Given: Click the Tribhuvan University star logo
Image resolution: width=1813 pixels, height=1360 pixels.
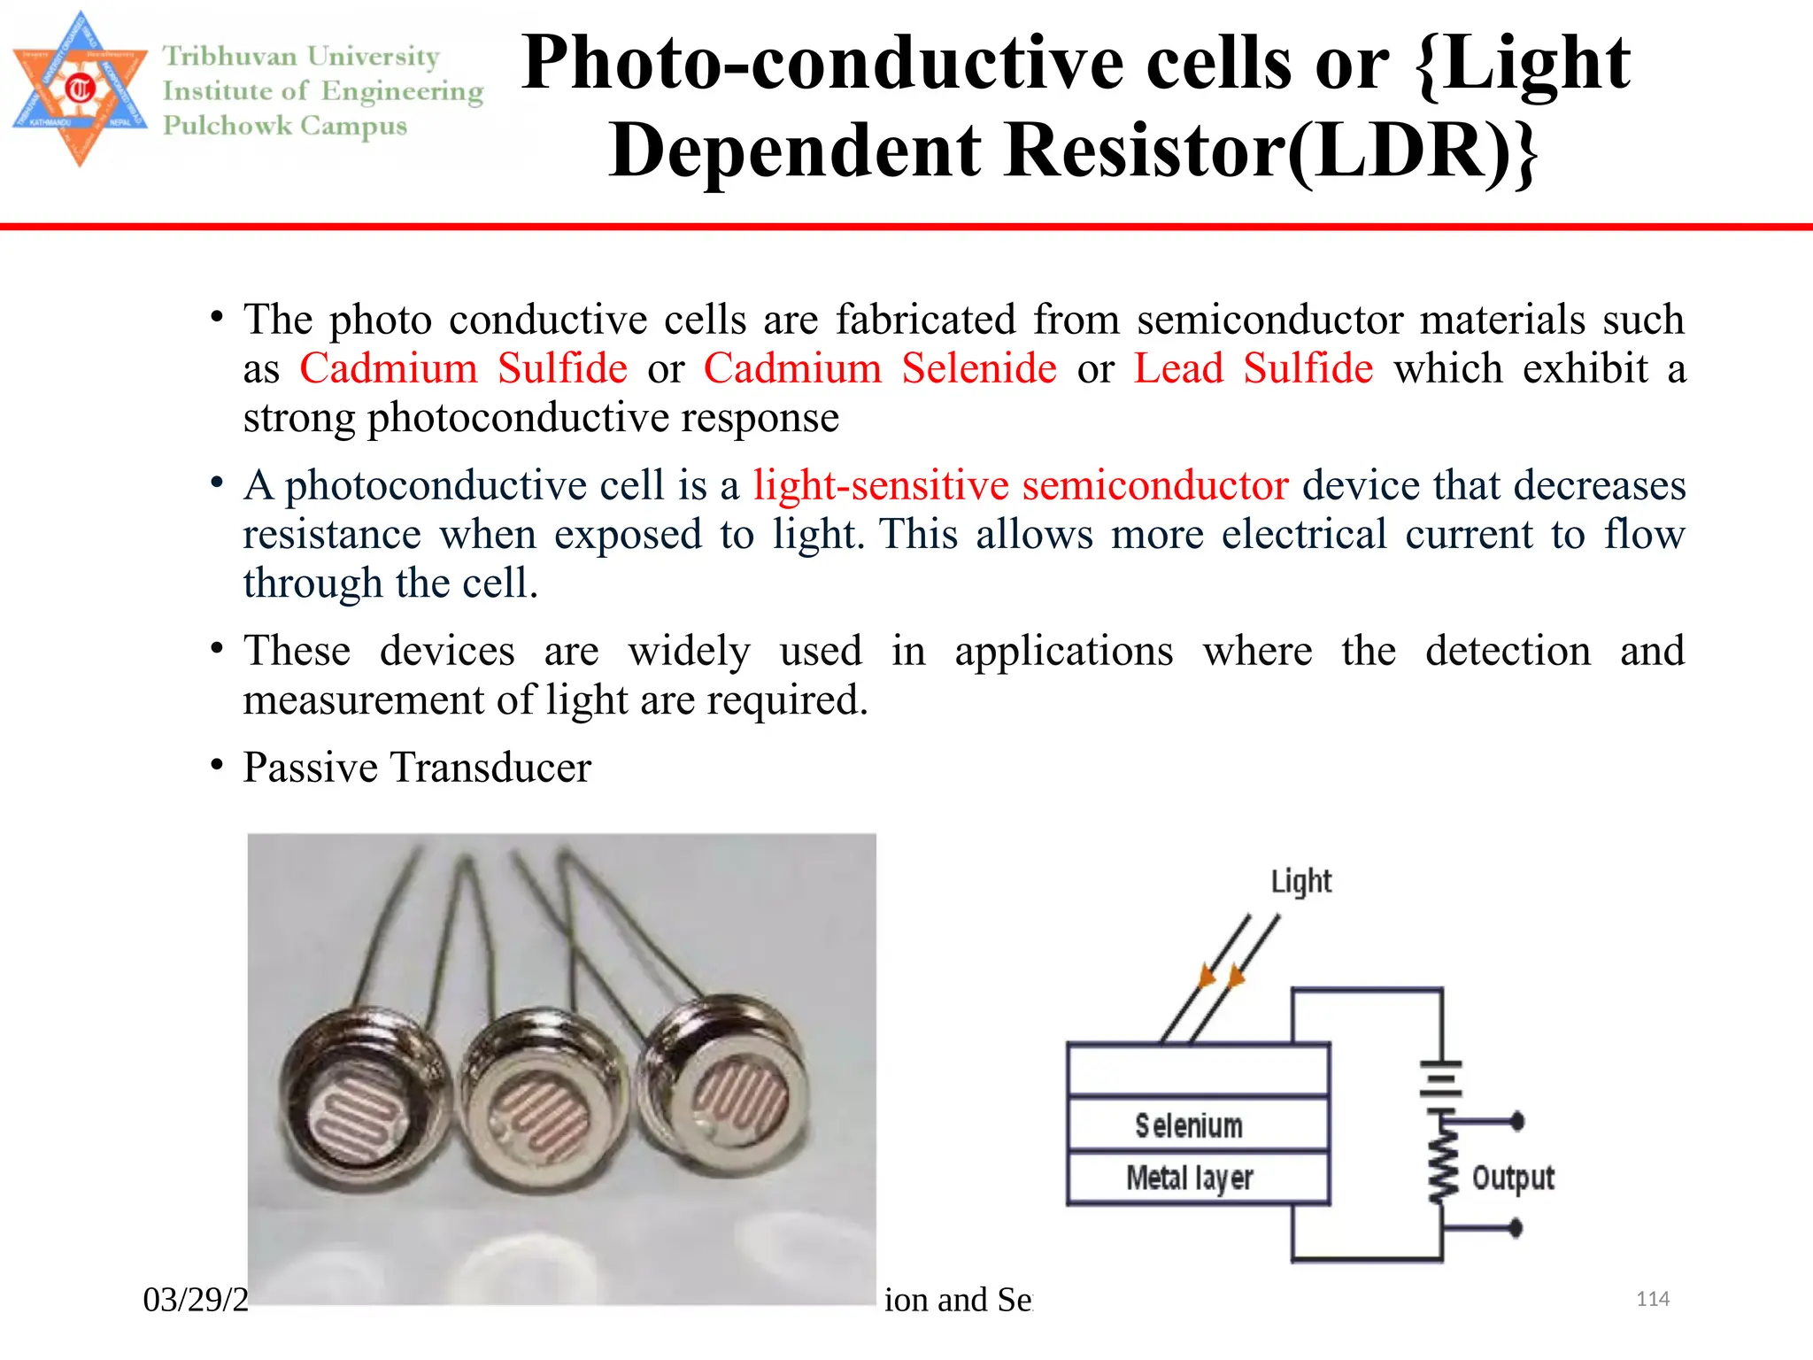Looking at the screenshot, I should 80,89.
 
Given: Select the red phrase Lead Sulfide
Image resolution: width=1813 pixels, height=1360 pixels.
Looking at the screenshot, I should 1254,368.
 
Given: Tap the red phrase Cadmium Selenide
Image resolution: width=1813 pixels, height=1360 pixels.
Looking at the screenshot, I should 880,368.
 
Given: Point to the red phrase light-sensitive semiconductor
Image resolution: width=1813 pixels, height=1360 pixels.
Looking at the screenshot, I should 1021,486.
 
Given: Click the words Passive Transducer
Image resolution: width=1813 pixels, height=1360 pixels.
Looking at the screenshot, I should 417,768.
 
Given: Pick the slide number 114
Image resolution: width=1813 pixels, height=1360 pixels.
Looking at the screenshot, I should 1652,1299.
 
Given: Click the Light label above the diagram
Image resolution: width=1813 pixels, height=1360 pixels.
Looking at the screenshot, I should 1300,882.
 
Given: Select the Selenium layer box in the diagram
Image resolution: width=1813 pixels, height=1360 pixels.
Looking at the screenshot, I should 1197,1125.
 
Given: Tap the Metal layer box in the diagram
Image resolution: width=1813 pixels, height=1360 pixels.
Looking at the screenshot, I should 1197,1178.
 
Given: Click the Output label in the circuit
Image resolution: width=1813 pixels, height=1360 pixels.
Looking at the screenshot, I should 1513,1178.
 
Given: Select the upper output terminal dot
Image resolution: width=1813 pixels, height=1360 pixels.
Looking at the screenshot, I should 1517,1122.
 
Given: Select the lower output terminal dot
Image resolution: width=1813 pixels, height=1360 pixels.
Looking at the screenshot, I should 1516,1228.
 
